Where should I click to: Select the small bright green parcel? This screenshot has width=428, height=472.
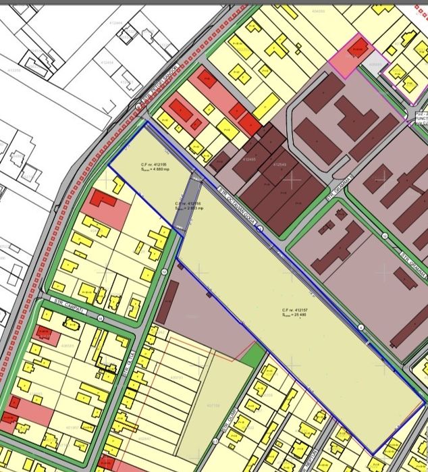click(x=252, y=356)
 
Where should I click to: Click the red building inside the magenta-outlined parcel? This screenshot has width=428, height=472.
click(x=359, y=47)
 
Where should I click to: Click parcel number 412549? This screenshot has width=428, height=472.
click(x=280, y=164)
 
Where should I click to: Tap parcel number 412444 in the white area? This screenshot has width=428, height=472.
click(x=115, y=24)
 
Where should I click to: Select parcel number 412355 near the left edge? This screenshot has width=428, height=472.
click(x=14, y=70)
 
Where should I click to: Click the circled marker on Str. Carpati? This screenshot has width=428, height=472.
click(x=100, y=318)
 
